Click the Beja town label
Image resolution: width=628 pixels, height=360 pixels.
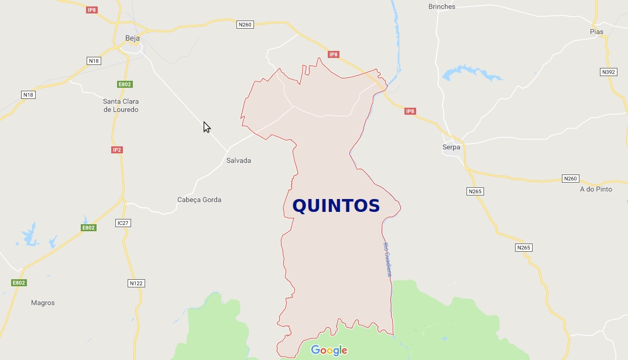pos(132,39)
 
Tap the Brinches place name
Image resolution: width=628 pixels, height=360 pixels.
pos(441,7)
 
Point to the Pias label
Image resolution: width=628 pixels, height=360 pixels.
pos(596,32)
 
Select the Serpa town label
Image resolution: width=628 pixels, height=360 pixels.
pos(451,148)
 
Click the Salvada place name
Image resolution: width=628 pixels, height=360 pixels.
pos(238,160)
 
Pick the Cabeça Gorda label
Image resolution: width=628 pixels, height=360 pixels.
pos(199,200)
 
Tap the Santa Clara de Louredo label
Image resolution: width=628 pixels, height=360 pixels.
pos(121,105)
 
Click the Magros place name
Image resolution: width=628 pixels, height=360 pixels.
pos(43,303)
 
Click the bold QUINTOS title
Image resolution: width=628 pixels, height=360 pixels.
pos(336,206)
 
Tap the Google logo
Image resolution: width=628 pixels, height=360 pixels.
pos(329,350)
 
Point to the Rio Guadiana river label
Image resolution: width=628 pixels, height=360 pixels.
pos(387,259)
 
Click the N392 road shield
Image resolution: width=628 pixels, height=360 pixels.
pos(609,72)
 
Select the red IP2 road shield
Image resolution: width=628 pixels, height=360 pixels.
pos(117,150)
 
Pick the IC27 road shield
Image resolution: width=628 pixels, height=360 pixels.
pos(123,223)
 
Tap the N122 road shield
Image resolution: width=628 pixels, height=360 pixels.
pos(136,283)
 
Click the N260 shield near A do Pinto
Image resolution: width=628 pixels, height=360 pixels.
pos(570,178)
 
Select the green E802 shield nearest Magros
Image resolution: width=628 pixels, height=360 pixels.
pos(19,283)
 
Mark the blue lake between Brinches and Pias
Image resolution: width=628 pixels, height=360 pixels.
pos(468,73)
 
